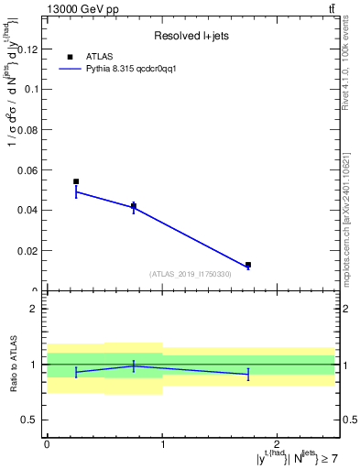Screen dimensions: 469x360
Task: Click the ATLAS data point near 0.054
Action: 76,181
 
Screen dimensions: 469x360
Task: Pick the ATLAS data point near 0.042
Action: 134,206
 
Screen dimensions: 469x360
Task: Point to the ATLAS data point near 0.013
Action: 248,265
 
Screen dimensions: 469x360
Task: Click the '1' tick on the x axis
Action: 162,443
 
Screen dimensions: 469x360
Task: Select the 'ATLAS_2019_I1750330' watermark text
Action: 191,274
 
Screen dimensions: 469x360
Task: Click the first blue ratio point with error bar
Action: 76,372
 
